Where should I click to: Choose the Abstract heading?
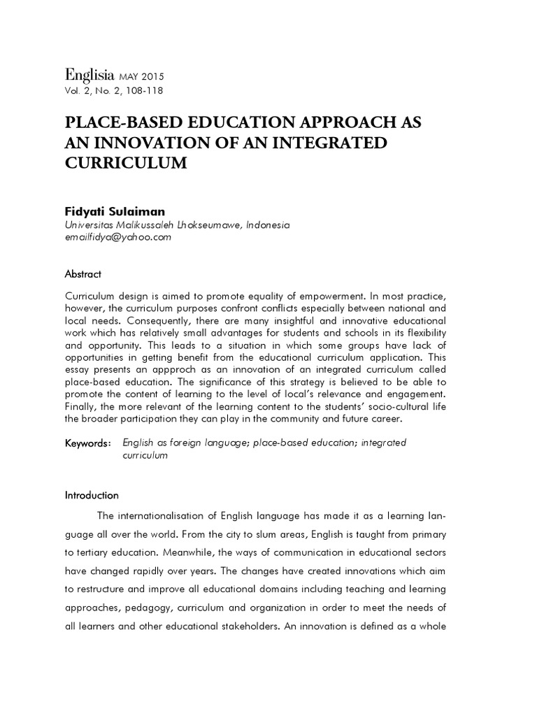coord(83,274)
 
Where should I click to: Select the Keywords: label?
coord(87,443)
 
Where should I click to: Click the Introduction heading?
coord(92,495)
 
